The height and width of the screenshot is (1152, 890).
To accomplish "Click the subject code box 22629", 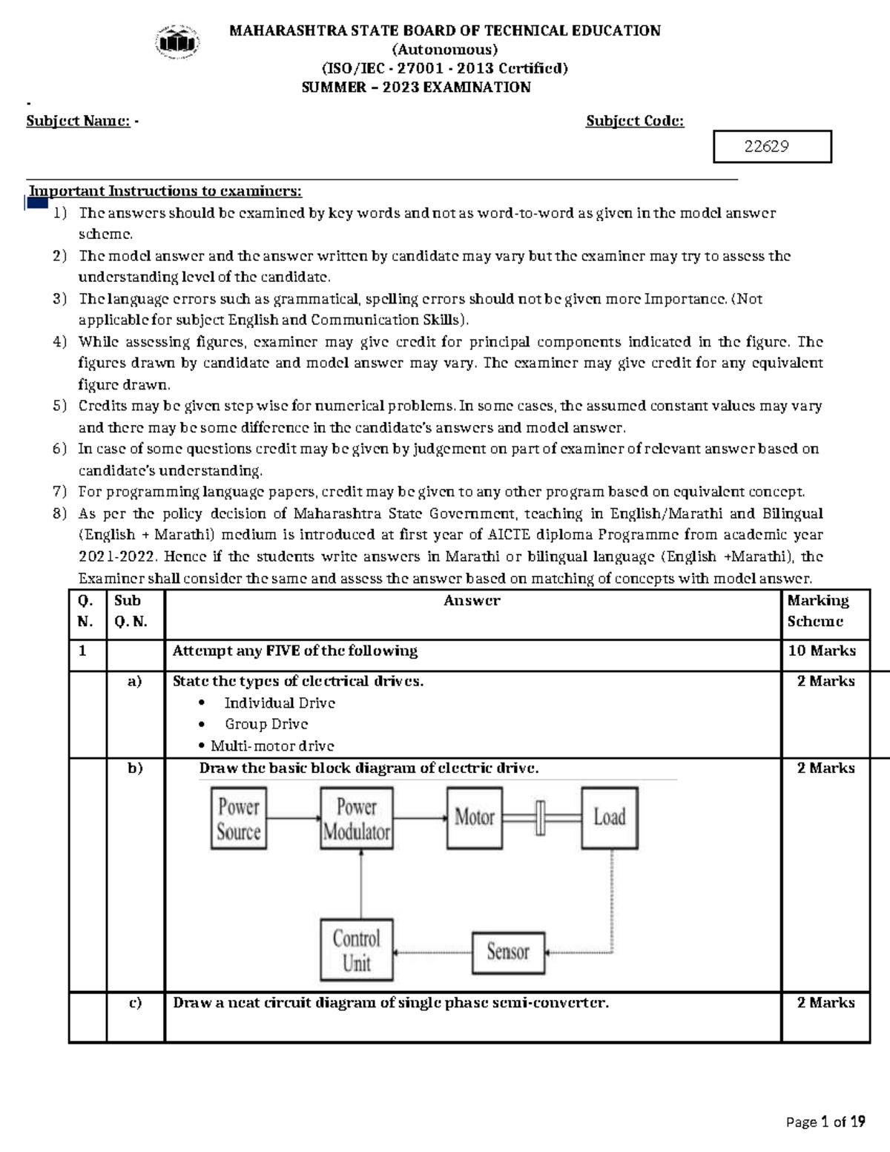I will click(771, 146).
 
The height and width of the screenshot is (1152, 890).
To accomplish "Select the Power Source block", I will click(238, 819).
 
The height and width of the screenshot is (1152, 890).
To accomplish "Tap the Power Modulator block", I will click(356, 819).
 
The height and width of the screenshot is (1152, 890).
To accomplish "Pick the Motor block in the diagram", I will click(475, 817).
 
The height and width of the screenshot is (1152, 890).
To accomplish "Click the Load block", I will click(609, 817).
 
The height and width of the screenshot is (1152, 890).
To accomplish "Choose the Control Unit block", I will click(356, 950).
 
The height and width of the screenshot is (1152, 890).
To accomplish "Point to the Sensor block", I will click(508, 952).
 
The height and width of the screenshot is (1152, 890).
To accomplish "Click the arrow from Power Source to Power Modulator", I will click(293, 818).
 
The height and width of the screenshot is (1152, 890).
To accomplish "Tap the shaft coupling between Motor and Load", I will click(541, 817).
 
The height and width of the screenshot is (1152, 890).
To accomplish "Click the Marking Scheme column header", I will click(819, 610).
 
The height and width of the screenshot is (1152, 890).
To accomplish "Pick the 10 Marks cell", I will click(822, 651).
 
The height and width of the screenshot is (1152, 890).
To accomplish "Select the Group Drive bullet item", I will click(266, 724).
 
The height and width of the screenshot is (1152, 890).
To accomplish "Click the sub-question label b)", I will click(135, 768).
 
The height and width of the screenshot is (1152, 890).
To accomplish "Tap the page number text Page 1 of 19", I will click(825, 1122).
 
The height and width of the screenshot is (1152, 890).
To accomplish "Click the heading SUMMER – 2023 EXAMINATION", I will click(416, 88).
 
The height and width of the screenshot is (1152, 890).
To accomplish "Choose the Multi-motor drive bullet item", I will click(272, 745).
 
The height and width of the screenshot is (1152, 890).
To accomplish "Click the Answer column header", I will click(472, 601).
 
